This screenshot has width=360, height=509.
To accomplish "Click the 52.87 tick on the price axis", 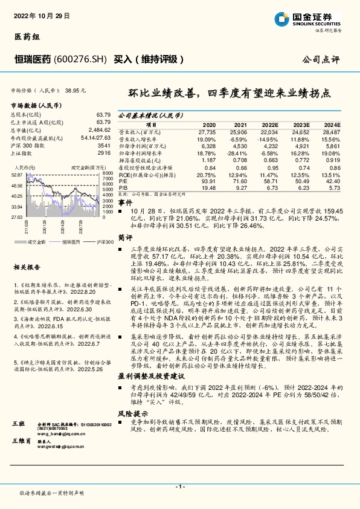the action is tap(17, 174).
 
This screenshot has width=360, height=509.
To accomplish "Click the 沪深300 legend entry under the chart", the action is tap(103, 241).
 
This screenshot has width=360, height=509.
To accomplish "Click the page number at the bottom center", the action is tap(179, 487).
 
